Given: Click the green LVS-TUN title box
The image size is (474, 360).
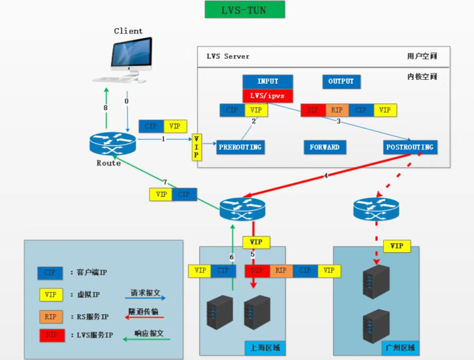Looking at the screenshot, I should (244, 10).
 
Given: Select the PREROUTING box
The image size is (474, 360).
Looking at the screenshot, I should (240, 147).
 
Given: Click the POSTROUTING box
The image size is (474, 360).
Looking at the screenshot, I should (410, 147).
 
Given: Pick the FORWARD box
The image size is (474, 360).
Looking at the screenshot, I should (325, 147).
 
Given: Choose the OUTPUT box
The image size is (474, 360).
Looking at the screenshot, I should (341, 81).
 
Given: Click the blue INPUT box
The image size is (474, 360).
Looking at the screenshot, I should (267, 81).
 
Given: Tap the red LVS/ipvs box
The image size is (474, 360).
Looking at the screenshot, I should (267, 96).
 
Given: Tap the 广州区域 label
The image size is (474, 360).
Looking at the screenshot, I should (400, 348).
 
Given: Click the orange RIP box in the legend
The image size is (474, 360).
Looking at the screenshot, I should (51, 316).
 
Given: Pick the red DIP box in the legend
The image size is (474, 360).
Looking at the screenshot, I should (51, 335).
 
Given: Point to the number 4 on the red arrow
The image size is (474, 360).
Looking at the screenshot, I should (326, 176).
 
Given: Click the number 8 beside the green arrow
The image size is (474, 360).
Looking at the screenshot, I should (106, 107).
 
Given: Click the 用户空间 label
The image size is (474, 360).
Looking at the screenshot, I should (422, 56).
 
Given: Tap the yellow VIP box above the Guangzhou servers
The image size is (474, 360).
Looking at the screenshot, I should (397, 246).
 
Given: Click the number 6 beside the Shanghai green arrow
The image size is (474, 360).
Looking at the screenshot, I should (232, 257).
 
